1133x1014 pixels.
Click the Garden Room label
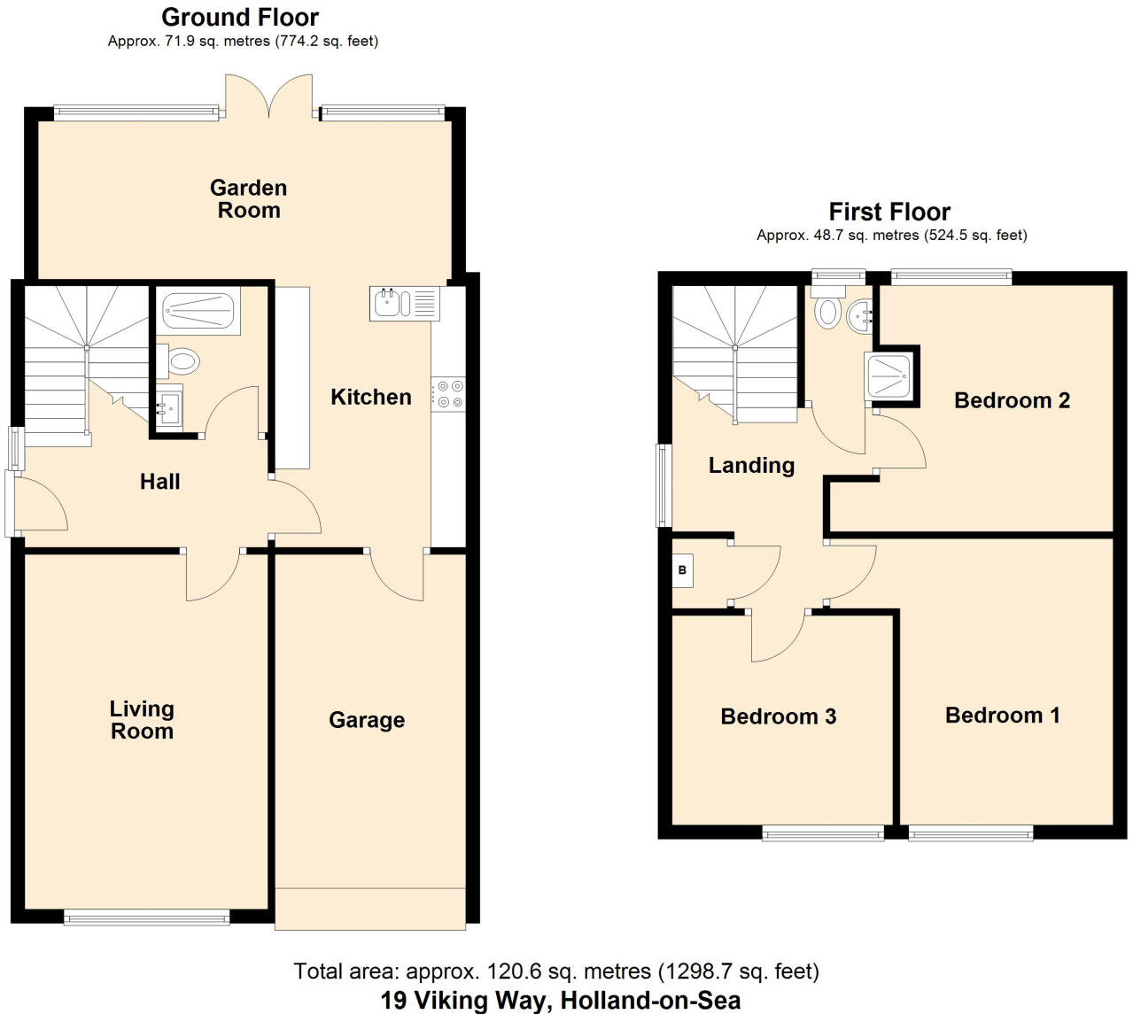click(x=248, y=199)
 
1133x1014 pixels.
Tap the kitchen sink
click(x=404, y=303)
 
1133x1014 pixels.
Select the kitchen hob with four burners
click(x=448, y=394)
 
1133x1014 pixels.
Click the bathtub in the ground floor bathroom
click(x=201, y=312)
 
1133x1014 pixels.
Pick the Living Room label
click(x=142, y=720)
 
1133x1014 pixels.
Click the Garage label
click(x=367, y=720)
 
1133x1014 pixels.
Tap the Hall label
click(x=159, y=482)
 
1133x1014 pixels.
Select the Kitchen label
click(x=370, y=397)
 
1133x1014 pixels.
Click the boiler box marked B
click(x=682, y=570)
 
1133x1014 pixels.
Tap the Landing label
click(x=751, y=465)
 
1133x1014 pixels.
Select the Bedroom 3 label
click(x=778, y=716)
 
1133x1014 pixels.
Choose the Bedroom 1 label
click(x=1002, y=715)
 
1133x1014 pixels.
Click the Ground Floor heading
click(x=240, y=17)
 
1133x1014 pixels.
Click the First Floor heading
click(x=889, y=212)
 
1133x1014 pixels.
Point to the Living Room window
click(x=147, y=918)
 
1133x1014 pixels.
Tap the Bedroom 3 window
click(x=823, y=832)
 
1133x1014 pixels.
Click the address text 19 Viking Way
click(x=560, y=1001)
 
